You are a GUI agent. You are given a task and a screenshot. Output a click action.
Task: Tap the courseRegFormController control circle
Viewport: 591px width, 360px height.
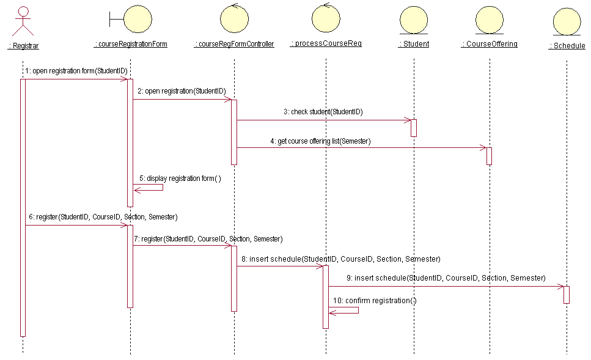point(235,20)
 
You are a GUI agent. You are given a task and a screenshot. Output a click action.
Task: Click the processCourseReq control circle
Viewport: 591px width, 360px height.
point(326,20)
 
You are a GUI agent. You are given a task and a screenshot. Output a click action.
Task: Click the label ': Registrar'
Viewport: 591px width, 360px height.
point(23,46)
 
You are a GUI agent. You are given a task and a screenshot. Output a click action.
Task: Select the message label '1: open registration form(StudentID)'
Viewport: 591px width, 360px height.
point(76,71)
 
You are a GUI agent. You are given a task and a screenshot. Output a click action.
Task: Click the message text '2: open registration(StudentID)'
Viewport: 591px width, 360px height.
point(182,91)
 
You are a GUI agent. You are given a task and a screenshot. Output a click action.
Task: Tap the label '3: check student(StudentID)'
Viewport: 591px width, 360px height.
point(323,112)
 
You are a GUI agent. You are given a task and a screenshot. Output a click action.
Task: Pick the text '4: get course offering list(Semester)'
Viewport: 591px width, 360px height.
point(320,141)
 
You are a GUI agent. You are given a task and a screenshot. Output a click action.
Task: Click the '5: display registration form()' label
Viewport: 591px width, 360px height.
point(180,178)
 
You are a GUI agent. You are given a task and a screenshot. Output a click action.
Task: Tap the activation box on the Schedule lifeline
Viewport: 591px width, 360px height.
point(567,295)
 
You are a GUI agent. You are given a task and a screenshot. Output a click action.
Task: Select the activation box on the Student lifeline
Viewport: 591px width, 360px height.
point(414,128)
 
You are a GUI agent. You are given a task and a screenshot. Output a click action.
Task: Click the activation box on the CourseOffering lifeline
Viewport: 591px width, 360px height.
point(489,156)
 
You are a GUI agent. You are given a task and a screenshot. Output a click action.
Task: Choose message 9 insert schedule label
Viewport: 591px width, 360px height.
point(446,278)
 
